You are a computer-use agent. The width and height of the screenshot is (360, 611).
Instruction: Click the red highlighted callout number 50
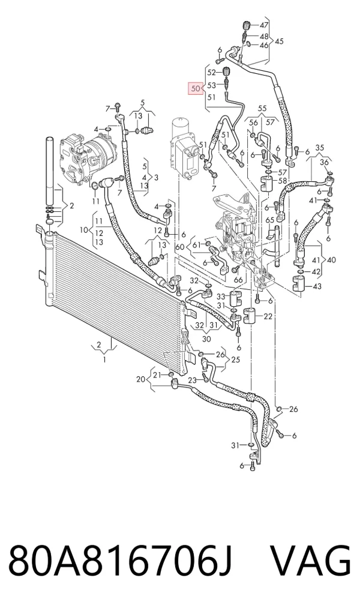click(195, 89)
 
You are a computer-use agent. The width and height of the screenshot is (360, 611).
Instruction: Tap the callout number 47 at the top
click(264, 26)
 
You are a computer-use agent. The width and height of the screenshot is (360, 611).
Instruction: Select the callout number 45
click(279, 41)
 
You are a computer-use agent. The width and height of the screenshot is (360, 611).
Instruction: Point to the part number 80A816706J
click(121, 561)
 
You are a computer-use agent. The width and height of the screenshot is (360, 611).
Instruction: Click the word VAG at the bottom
click(311, 561)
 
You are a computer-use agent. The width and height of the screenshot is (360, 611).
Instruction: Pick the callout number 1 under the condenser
click(104, 360)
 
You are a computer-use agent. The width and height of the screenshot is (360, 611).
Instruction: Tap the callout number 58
click(282, 181)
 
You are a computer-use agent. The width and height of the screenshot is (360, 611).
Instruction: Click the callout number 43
click(317, 286)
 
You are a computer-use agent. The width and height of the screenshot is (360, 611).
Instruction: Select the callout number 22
click(268, 316)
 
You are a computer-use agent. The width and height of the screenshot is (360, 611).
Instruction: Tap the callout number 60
click(179, 247)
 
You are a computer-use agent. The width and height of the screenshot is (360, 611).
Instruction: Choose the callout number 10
click(84, 230)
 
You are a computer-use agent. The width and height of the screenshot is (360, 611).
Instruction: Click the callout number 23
click(193, 380)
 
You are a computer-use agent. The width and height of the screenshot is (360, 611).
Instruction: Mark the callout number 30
click(206, 339)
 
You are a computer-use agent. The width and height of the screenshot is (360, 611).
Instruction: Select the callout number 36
click(325, 163)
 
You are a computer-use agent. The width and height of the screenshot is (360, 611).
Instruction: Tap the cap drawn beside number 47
click(246, 26)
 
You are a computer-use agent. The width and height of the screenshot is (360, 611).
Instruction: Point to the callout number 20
click(141, 379)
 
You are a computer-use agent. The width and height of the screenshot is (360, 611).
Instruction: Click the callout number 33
click(221, 297)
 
